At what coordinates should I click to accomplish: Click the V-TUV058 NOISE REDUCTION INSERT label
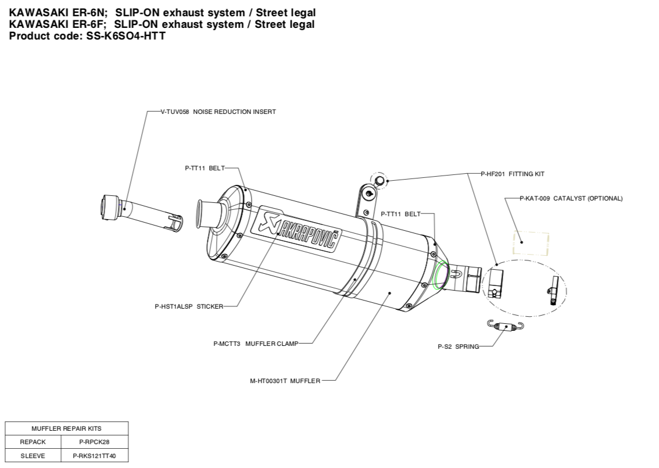tap(218, 112)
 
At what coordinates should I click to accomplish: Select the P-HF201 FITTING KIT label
tap(512, 174)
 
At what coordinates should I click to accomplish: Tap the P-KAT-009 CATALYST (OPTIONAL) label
tap(571, 198)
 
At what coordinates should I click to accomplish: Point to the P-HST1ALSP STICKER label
tap(189, 306)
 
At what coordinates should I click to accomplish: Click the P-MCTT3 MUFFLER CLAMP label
tap(256, 344)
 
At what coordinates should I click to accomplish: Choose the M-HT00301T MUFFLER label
tap(285, 381)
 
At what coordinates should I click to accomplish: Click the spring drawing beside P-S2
tap(506, 326)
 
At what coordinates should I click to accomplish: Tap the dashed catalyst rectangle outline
tap(530, 244)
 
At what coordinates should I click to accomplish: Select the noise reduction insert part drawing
tap(139, 212)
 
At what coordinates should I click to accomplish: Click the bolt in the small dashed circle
tap(380, 181)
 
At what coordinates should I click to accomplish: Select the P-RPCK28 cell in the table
tap(94, 442)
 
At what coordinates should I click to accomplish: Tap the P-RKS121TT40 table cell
tap(94, 456)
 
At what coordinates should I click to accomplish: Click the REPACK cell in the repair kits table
tap(33, 442)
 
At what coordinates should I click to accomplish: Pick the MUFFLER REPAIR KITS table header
tap(66, 428)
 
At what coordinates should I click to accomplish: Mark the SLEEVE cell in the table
tap(33, 456)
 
